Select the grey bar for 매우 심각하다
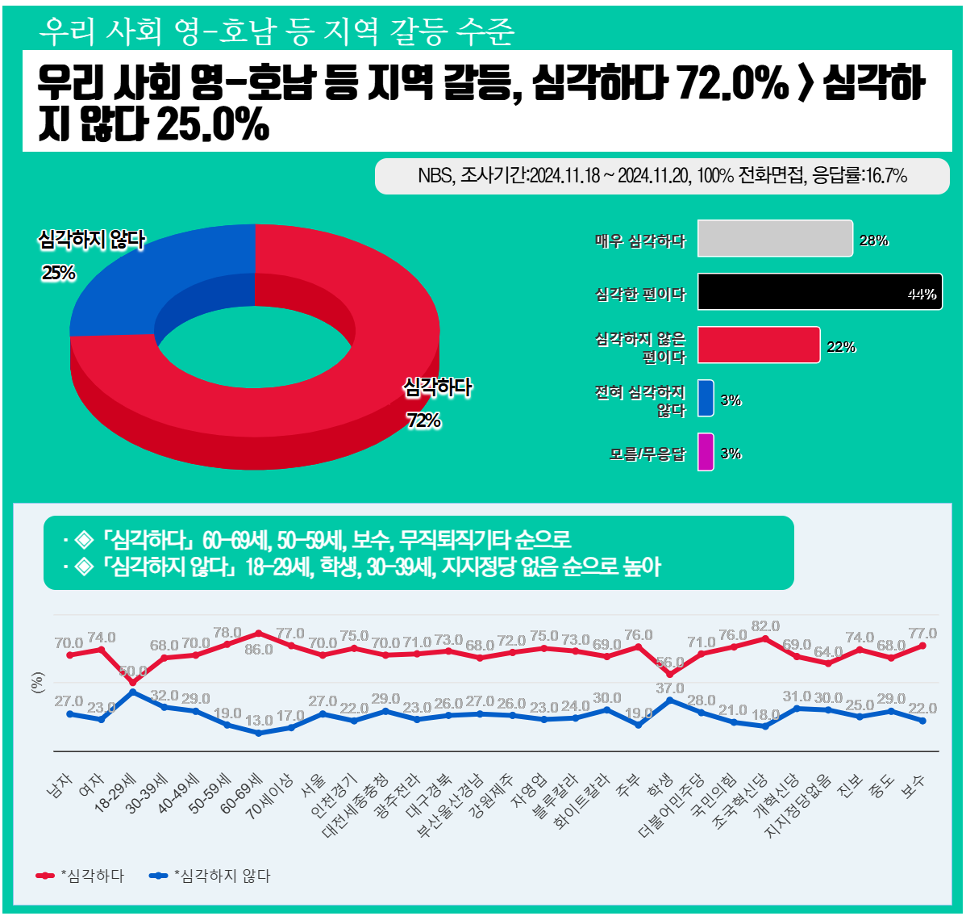point(774,238)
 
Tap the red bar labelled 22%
point(758,345)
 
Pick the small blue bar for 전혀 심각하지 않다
point(706,398)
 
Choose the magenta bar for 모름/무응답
point(706,451)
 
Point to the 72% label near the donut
point(423,420)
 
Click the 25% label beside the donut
point(59,273)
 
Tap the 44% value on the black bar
point(922,295)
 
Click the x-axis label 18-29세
point(117,793)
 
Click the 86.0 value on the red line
point(259,650)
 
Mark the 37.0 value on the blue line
point(669,688)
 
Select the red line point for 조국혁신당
point(764,638)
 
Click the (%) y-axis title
point(37,683)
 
